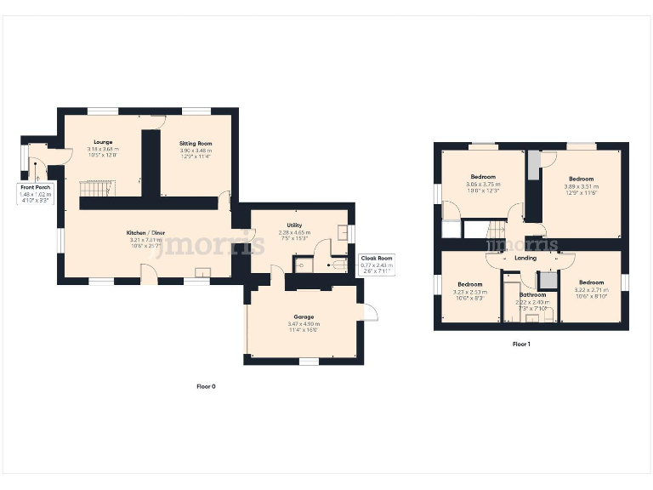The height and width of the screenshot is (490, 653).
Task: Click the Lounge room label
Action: click(x=103, y=142)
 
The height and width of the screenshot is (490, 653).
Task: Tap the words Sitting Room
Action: click(x=196, y=144)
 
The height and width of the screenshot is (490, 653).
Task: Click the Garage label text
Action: click(x=303, y=317)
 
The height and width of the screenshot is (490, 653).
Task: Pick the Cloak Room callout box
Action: click(x=375, y=265)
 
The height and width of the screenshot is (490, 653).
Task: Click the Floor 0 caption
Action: click(x=206, y=386)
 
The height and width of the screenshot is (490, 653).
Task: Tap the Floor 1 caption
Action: click(x=521, y=345)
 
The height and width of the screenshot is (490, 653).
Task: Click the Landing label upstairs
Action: click(x=525, y=258)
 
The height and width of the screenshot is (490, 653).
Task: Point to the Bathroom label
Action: click(x=533, y=295)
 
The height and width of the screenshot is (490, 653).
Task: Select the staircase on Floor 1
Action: click(x=495, y=229)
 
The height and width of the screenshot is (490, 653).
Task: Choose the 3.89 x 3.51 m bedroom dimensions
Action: click(x=581, y=186)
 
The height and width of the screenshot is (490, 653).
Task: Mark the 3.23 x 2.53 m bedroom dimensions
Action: click(x=470, y=292)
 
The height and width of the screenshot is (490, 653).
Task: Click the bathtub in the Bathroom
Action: click(x=512, y=298)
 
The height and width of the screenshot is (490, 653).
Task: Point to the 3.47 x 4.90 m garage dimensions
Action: click(x=303, y=324)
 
